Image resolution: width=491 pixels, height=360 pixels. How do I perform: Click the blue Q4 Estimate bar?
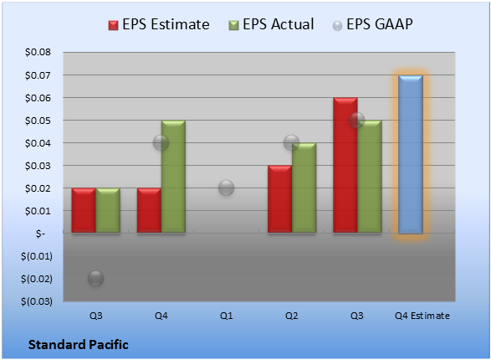(411, 154)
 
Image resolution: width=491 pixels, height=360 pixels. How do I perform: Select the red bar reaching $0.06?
(345, 165)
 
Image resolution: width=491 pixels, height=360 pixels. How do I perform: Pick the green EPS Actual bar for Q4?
(173, 177)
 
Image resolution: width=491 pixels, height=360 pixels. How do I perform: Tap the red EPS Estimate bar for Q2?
(279, 199)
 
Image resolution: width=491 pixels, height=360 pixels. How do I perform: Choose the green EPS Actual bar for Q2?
(304, 188)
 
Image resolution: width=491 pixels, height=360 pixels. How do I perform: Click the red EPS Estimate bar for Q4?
(149, 210)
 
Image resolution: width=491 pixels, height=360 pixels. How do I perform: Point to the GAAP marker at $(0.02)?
(96, 278)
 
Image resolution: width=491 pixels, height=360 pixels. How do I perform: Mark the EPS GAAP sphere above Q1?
(226, 188)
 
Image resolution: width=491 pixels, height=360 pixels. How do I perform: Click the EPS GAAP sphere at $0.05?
(356, 121)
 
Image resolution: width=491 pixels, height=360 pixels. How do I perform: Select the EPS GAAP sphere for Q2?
(291, 143)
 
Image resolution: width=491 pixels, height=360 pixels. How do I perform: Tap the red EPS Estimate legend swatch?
(113, 25)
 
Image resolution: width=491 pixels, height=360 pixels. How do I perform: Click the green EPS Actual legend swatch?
(233, 25)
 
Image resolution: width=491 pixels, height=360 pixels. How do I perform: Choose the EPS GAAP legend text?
(380, 24)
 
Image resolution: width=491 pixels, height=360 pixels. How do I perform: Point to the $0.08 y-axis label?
(38, 52)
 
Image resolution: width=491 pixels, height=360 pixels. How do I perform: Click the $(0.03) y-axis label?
(37, 301)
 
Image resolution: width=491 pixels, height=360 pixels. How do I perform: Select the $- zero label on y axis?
(40, 234)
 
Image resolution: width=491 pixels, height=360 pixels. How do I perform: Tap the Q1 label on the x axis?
(226, 316)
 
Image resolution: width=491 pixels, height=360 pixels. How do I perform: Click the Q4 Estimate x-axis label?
(422, 316)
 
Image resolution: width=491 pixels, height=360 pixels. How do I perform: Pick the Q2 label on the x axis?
(291, 316)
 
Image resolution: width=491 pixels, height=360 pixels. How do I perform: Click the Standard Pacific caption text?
(79, 345)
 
